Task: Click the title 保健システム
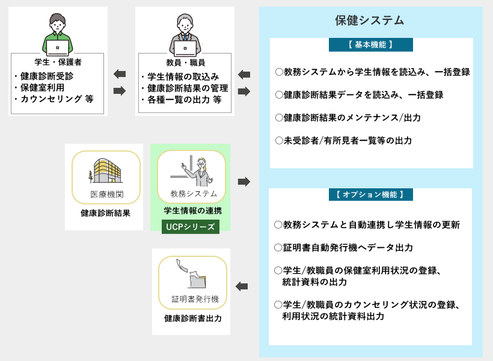pyautogui.click(x=369, y=20)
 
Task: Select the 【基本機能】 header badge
pyautogui.click(x=371, y=45)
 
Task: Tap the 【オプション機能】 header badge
pyautogui.click(x=371, y=194)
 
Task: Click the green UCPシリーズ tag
pyautogui.click(x=190, y=227)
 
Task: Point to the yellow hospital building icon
pyautogui.click(x=105, y=171)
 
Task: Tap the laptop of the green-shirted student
pyautogui.click(x=58, y=48)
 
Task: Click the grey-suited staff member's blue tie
pyautogui.click(x=185, y=37)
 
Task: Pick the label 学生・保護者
pyautogui.click(x=58, y=62)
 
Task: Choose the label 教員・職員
pyautogui.click(x=186, y=63)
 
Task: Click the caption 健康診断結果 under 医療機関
pyautogui.click(x=105, y=213)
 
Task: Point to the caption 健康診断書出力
pyautogui.click(x=193, y=318)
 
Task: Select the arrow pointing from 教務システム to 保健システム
pyautogui.click(x=244, y=182)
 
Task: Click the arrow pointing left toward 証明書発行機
pyautogui.click(x=242, y=286)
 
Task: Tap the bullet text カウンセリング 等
pyautogui.click(x=57, y=99)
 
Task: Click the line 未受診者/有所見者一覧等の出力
pyautogui.click(x=348, y=140)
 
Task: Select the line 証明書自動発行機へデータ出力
pyautogui.click(x=348, y=248)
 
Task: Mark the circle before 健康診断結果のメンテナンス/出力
pyautogui.click(x=279, y=118)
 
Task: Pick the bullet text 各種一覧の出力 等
pyautogui.click(x=184, y=100)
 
